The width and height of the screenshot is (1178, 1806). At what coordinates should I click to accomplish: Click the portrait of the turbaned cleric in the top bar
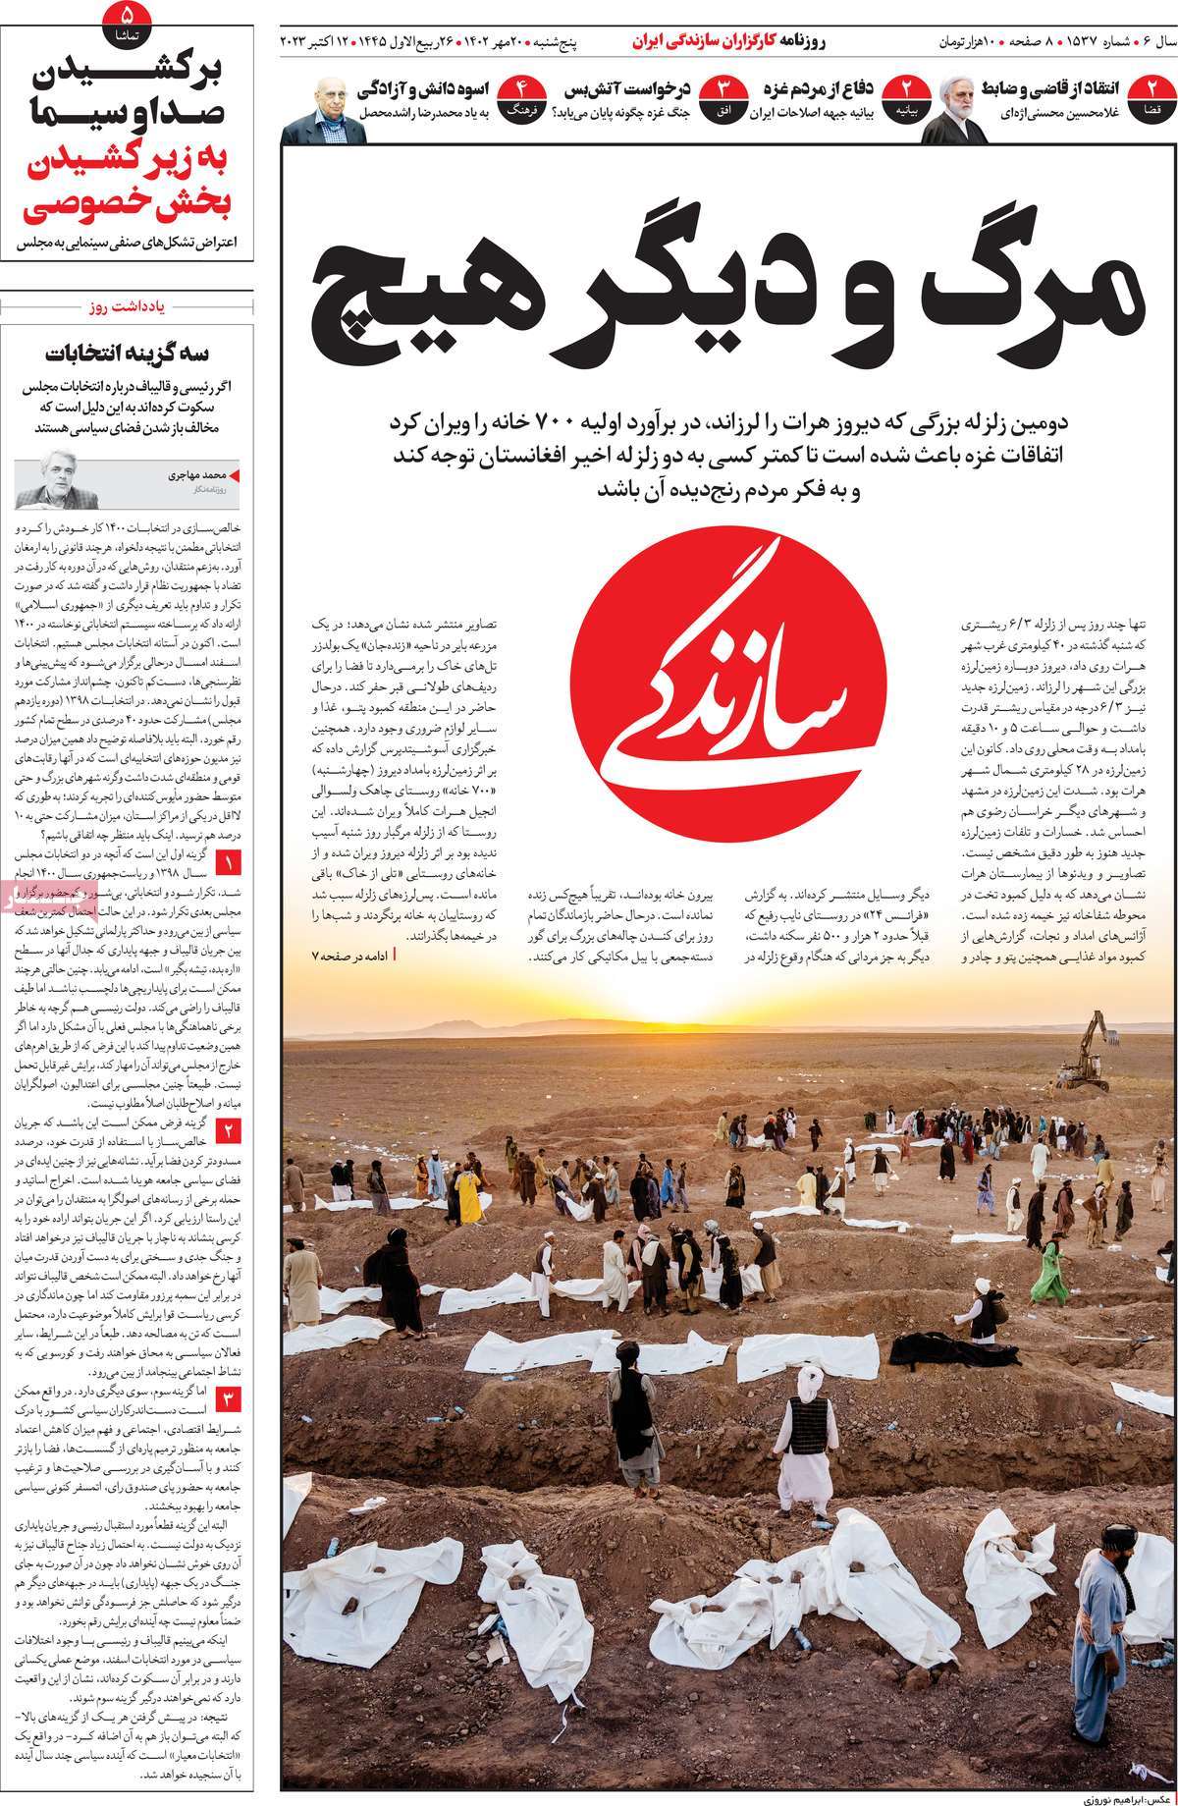click(x=951, y=114)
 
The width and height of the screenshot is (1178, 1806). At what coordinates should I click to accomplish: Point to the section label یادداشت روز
click(x=132, y=306)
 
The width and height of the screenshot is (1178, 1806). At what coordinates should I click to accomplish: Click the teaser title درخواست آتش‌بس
click(x=628, y=89)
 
